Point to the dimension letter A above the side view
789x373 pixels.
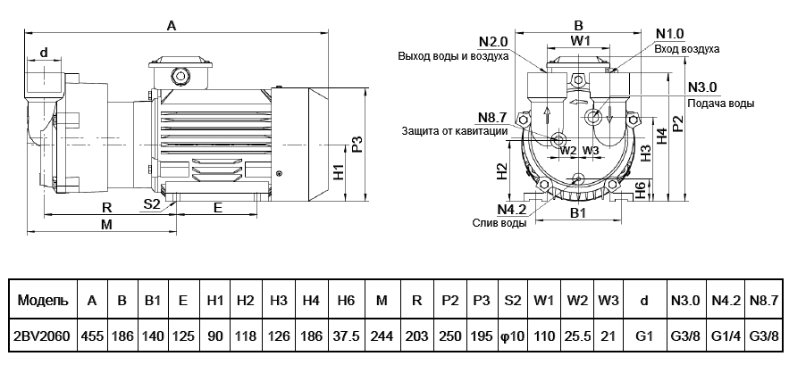click(172, 28)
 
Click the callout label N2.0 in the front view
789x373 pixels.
click(492, 42)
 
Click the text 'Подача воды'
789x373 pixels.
click(720, 104)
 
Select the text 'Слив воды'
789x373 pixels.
click(499, 223)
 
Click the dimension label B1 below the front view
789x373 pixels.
click(578, 214)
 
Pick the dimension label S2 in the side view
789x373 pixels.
click(152, 204)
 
